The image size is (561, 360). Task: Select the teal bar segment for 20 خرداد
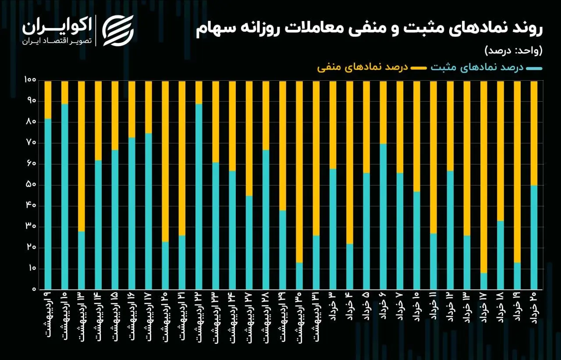click(x=534, y=237)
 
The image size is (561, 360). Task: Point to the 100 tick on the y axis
click(x=30, y=81)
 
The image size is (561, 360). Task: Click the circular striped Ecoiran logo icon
click(x=117, y=31)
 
